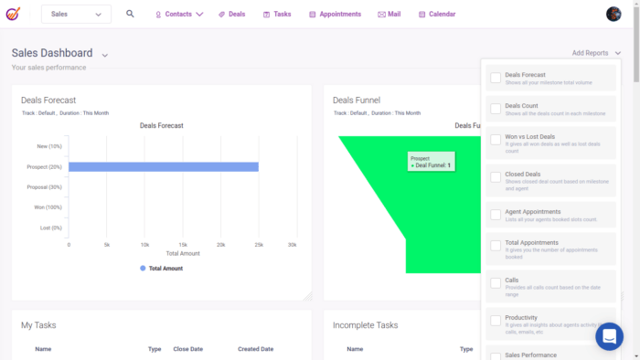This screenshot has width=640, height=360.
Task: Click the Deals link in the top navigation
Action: (231, 15)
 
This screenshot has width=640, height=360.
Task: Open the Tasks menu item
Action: (277, 15)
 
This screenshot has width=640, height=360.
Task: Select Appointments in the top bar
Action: (335, 15)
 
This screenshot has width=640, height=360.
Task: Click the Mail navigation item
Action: (389, 15)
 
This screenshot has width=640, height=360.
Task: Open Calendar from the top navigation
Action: (437, 15)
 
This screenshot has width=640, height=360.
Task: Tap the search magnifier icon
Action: (130, 14)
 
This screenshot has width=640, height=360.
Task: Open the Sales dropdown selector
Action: (77, 14)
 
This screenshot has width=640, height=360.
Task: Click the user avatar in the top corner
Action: (613, 14)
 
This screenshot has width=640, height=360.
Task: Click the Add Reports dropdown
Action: (595, 53)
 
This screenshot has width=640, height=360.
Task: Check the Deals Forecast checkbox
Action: (496, 79)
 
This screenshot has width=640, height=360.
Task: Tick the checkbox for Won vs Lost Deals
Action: (496, 141)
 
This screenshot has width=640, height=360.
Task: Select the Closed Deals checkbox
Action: (496, 176)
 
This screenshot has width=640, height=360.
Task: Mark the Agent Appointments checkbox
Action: (496, 216)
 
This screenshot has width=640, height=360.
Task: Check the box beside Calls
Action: (496, 283)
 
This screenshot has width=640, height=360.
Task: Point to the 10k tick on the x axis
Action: (144, 245)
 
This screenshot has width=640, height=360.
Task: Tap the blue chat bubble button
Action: (609, 336)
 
